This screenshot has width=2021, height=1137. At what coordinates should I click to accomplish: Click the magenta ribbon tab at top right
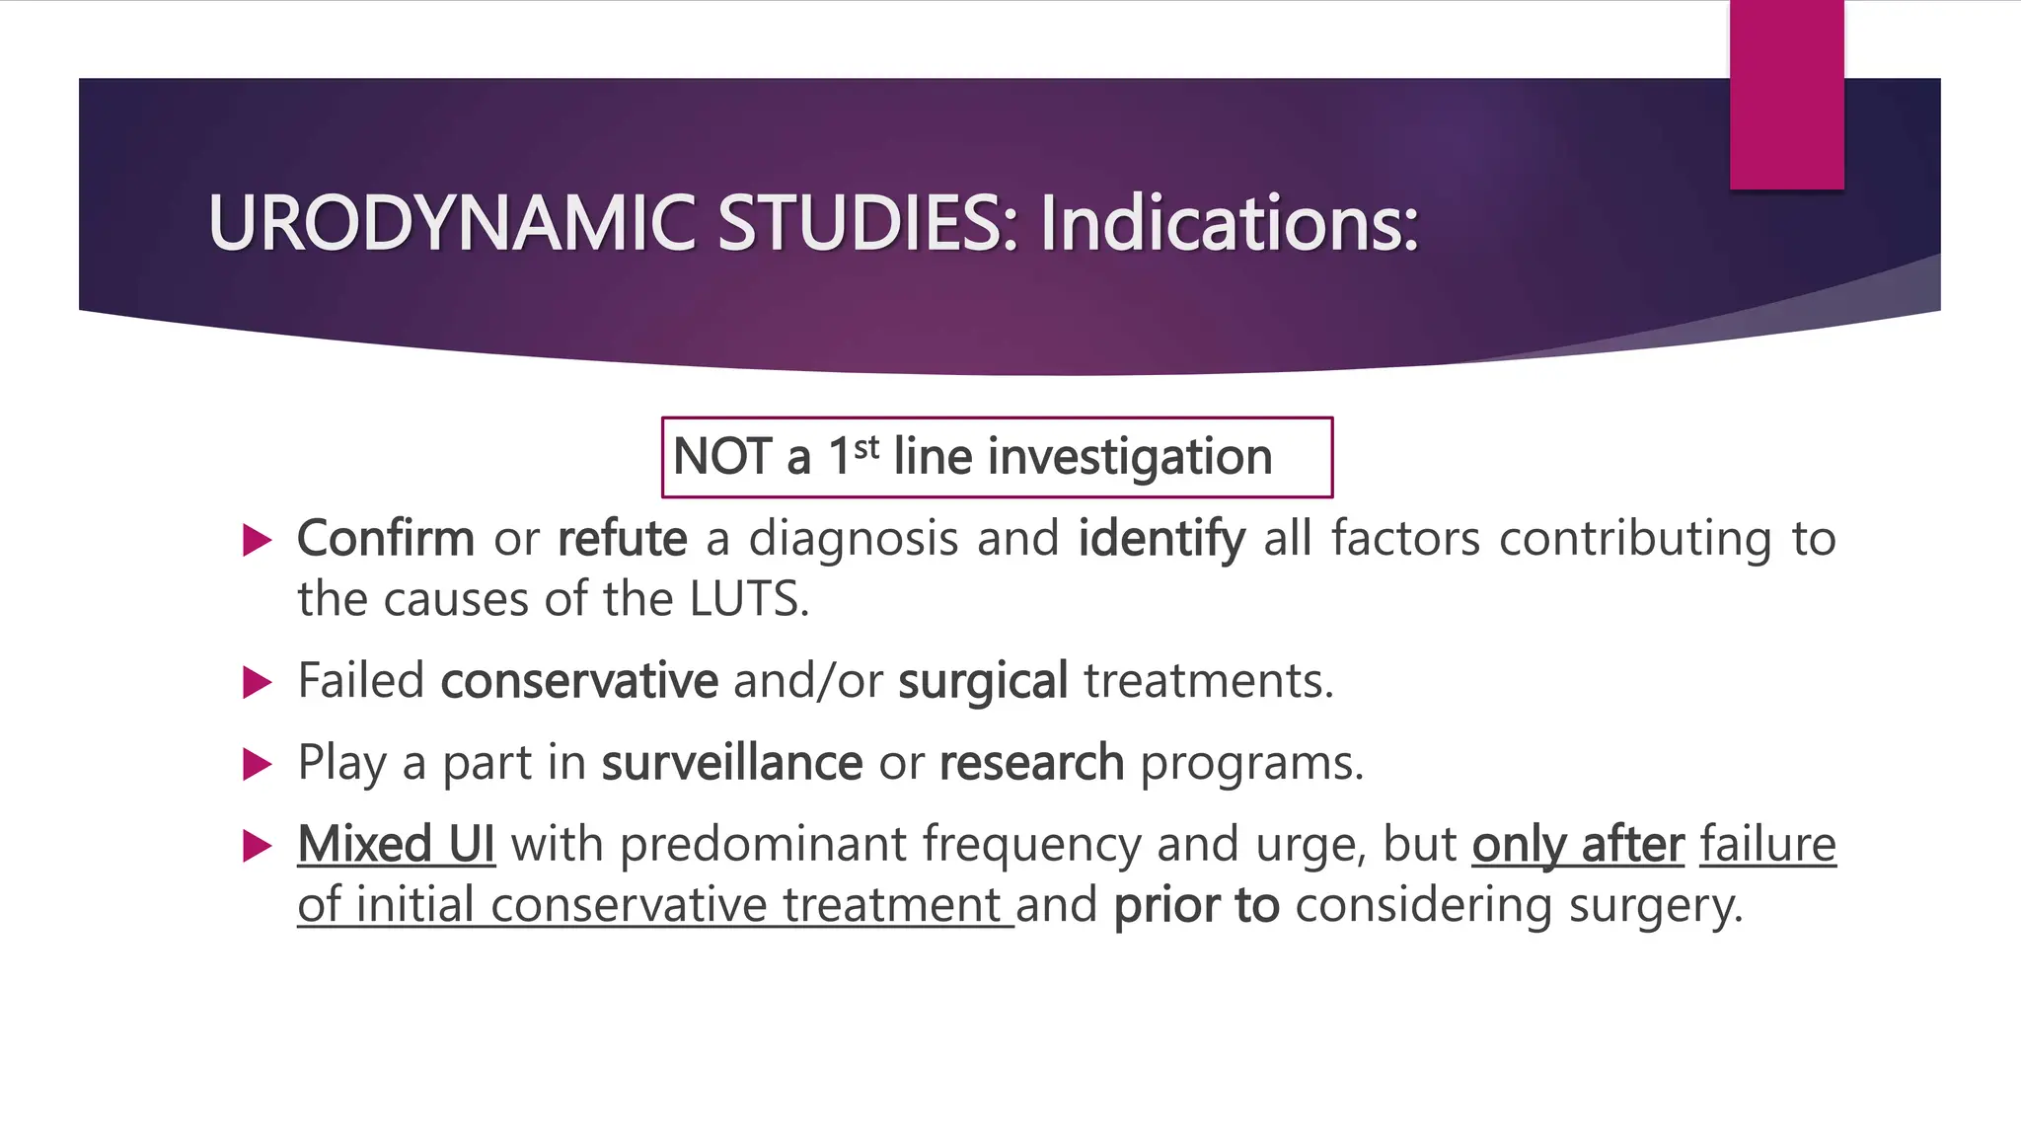click(x=1786, y=95)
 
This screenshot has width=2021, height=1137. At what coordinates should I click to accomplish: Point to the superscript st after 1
click(x=866, y=448)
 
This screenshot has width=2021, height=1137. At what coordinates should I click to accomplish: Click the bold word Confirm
click(x=386, y=539)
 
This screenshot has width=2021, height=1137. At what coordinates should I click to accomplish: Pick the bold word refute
click(x=622, y=539)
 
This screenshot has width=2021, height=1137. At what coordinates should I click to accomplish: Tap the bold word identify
click(x=1161, y=539)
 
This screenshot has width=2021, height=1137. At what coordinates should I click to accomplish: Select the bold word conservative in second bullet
click(x=579, y=681)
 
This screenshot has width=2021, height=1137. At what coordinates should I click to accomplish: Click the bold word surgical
click(x=983, y=681)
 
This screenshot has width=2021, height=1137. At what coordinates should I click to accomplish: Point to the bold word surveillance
click(x=732, y=763)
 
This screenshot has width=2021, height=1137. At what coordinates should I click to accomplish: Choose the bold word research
click(x=1031, y=763)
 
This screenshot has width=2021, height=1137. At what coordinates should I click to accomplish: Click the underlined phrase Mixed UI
click(x=396, y=845)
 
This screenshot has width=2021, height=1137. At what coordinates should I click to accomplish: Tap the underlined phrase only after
click(x=1577, y=845)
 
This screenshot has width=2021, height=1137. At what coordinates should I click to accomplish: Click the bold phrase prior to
click(x=1196, y=905)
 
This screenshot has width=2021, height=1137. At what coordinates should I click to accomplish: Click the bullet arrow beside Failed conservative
click(x=257, y=682)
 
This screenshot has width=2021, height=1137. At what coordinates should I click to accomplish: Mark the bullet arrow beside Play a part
click(x=257, y=764)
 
